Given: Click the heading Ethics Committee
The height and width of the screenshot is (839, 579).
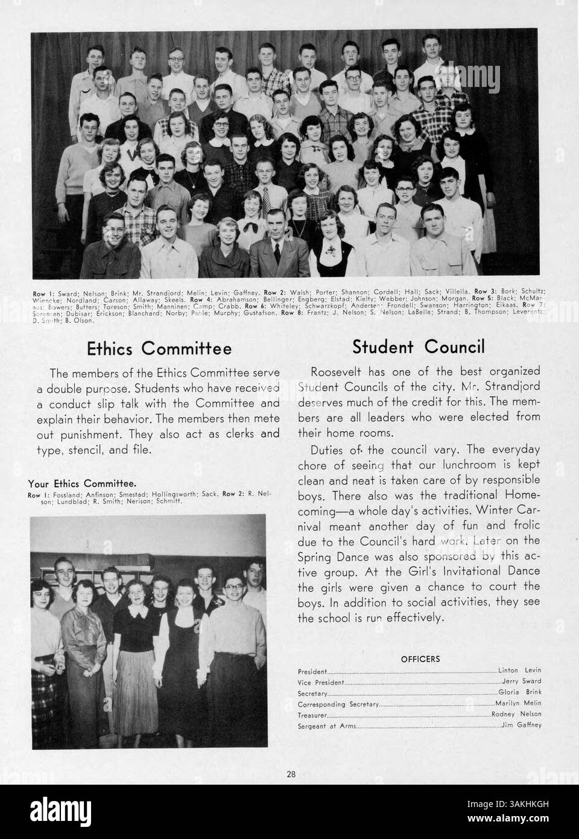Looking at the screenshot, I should tap(159, 348).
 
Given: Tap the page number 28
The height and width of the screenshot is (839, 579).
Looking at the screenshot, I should tap(290, 773).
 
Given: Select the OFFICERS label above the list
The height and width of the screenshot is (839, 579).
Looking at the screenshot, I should tap(420, 659).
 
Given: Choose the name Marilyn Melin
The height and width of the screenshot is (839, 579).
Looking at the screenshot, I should tap(518, 703).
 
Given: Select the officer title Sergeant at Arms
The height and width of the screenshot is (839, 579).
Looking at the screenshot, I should tap(327, 726).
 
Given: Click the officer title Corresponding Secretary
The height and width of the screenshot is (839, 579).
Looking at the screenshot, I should tap(338, 704).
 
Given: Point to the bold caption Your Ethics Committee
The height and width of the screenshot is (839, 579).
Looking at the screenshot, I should tap(81, 483).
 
